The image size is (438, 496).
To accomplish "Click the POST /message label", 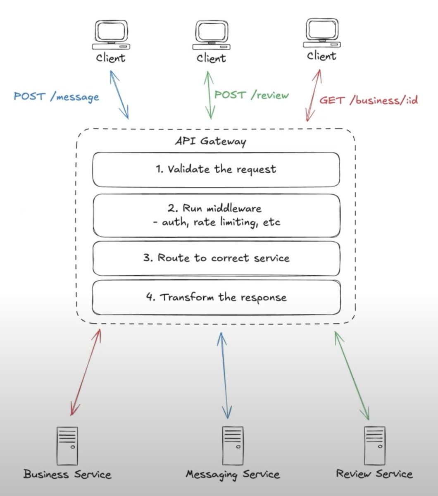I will [56, 97].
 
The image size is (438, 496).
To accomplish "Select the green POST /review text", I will [251, 95].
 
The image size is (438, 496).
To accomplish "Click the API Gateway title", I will [210, 141].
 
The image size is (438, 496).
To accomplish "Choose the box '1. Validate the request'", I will [216, 169].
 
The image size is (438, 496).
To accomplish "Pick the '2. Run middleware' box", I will [216, 215].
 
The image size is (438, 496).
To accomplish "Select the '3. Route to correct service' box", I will [216, 258].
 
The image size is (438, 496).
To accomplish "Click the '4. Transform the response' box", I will [216, 298].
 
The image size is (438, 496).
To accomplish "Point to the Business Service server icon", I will [67, 446].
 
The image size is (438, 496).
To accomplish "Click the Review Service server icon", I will [374, 446].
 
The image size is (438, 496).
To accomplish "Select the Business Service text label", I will [67, 474].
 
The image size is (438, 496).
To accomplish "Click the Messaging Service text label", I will [233, 475].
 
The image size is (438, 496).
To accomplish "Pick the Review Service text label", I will [374, 474].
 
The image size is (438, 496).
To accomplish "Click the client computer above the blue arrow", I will [110, 35].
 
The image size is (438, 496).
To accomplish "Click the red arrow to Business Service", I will [86, 372].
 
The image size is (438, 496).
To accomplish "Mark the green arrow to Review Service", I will [352, 374].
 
